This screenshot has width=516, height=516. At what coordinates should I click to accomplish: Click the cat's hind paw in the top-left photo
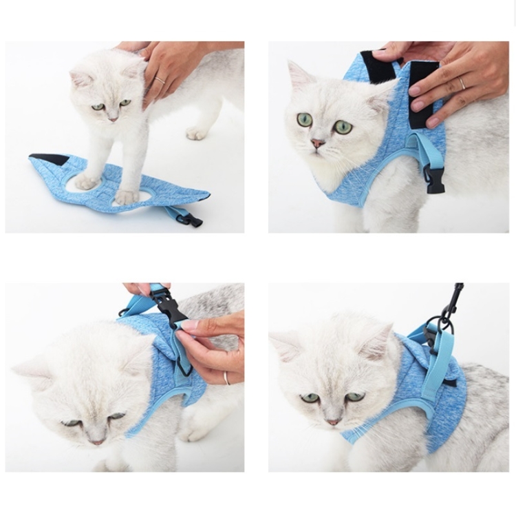click(197, 132)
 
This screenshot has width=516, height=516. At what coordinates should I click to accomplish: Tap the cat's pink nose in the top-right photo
click(318, 143)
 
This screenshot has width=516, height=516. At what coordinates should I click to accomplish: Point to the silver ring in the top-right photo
click(462, 83)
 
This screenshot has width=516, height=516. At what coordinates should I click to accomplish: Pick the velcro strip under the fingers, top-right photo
click(422, 96)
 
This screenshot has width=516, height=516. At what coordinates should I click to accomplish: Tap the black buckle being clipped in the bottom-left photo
click(168, 307)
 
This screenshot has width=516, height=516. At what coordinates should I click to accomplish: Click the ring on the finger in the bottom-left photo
click(226, 377)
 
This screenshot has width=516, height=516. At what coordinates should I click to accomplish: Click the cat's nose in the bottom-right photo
click(333, 421)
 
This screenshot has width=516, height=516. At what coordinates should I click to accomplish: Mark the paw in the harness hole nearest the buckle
click(127, 197)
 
